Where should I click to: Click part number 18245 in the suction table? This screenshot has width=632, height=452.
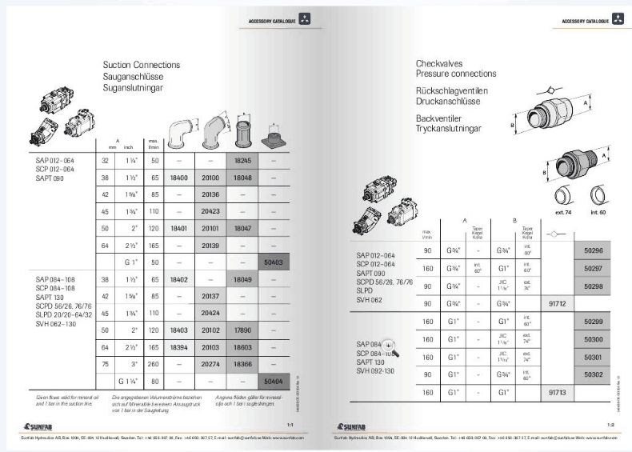coord(242,160)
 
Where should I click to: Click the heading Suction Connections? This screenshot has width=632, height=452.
coord(142,64)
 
